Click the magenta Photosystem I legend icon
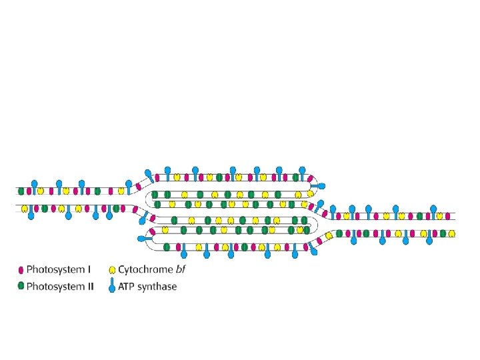pos(21,270)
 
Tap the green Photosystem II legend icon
pos(21,287)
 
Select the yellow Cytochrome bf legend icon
pos(112,270)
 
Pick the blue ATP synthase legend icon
pos(112,287)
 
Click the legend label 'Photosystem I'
pos(59,270)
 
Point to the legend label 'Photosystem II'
pos(60,287)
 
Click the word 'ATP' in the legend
pos(128,287)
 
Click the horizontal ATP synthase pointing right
pos(319,185)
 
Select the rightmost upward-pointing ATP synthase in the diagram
pos(434,211)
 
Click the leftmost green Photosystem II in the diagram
pos(21,191)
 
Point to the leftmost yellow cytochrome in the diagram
pos(25,208)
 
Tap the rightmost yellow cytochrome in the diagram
pos(452,233)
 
